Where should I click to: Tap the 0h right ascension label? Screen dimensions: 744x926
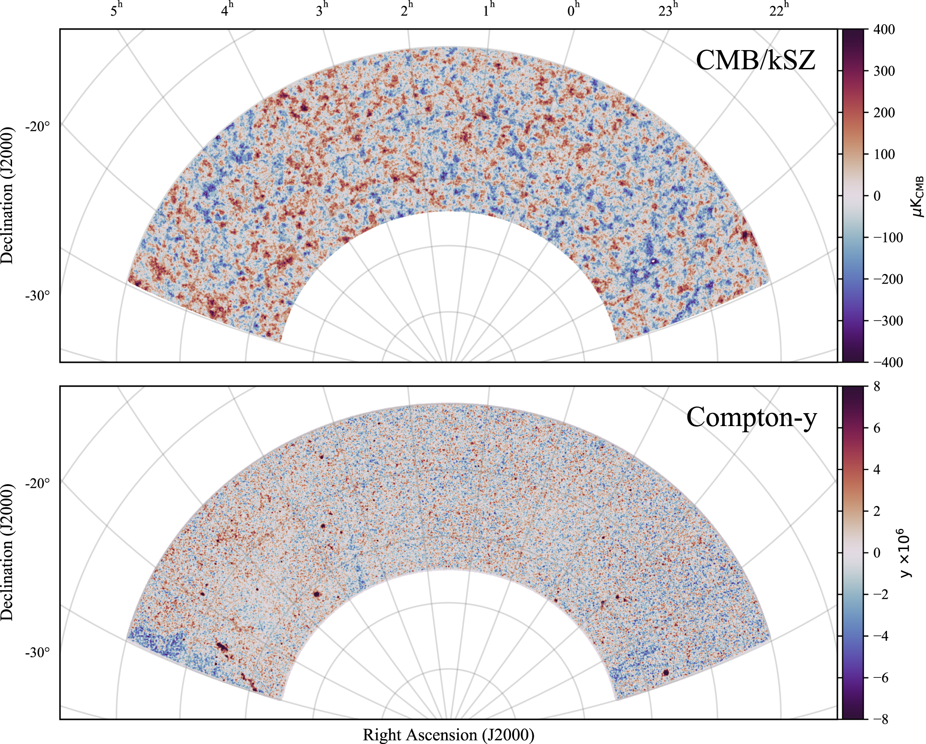tap(573, 10)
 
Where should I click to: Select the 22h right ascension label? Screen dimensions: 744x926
tap(779, 10)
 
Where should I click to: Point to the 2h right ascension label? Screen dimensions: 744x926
tap(407, 10)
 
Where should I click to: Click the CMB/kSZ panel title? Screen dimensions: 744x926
tap(756, 60)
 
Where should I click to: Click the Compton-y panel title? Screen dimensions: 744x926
tap(752, 417)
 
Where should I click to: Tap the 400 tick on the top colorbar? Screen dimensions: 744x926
tap(884, 30)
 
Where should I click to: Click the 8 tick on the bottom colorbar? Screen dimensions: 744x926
tap(877, 386)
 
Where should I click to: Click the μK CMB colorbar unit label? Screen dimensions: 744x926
tap(918, 196)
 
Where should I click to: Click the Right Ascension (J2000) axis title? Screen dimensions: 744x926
tap(448, 735)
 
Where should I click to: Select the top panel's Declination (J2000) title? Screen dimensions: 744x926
tap(7, 196)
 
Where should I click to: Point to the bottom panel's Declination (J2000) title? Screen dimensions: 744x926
tap(7, 553)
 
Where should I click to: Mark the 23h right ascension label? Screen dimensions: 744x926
tap(668, 10)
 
